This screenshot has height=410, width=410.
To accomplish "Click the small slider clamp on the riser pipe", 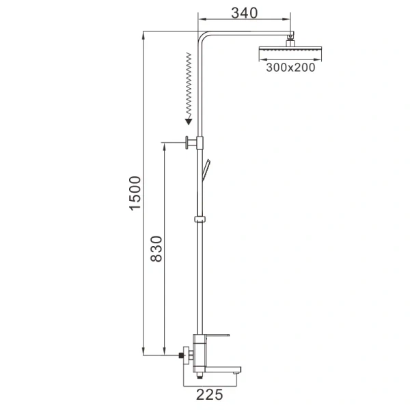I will coord(200,219).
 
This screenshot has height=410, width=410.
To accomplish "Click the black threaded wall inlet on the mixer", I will coord(182,355).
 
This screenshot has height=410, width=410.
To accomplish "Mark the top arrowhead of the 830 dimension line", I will coord(165,145).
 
